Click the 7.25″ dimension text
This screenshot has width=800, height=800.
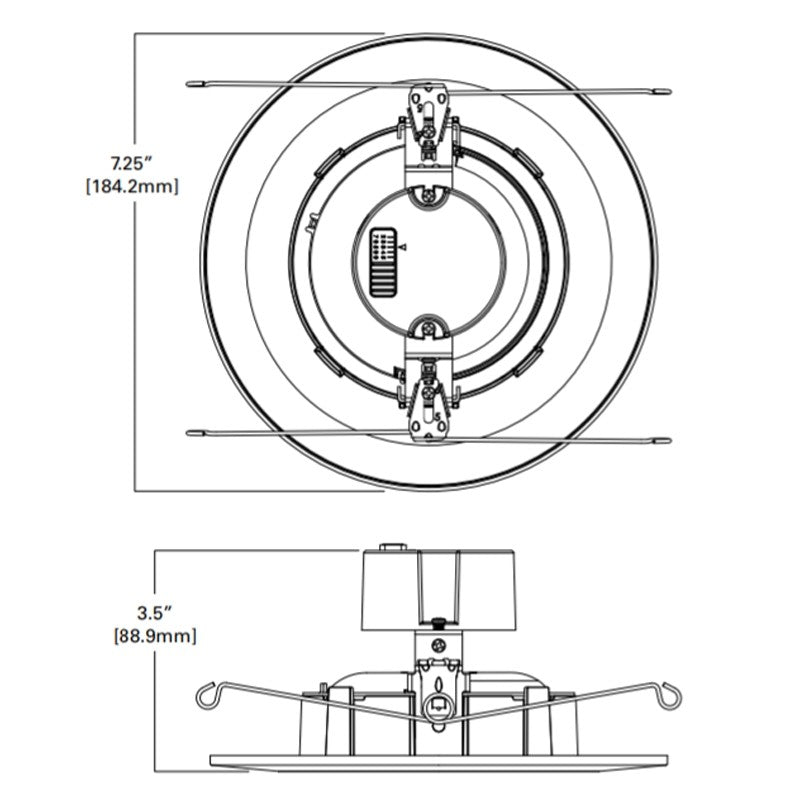[132, 164]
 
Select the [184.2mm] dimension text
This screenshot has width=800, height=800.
[133, 187]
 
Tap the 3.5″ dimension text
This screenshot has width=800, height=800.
[154, 613]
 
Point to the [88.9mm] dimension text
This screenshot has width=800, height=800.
[155, 636]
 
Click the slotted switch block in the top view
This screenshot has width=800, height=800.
[383, 262]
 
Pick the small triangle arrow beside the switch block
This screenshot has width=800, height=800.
[403, 247]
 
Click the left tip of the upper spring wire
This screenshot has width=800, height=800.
[187, 83]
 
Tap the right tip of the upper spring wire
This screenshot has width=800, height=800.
[670, 92]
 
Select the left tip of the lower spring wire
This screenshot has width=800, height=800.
[187, 433]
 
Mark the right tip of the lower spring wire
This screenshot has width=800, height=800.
[670, 440]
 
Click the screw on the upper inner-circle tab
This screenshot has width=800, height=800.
[429, 194]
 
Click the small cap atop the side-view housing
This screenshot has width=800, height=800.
[393, 547]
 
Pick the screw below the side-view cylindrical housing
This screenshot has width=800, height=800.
[438, 645]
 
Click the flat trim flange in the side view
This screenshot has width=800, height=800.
[439, 760]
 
